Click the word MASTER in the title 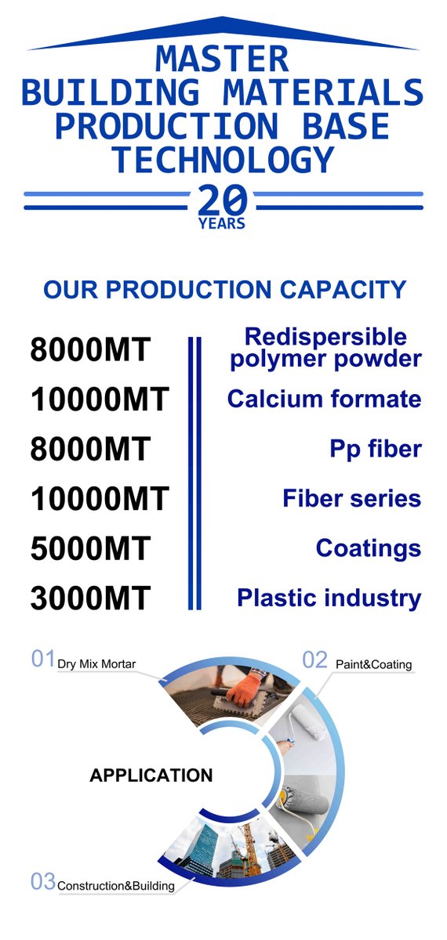[223, 60]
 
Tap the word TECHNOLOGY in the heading [223, 160]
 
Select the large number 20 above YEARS [223, 201]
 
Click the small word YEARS [223, 224]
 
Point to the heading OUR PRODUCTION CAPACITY [224, 290]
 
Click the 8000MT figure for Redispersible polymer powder [89, 349]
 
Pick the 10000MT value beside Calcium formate [100, 399]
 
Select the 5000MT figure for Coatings [89, 549]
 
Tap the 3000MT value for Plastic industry [89, 599]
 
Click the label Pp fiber [375, 449]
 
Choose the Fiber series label [351, 498]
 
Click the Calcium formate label [324, 399]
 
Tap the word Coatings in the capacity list [368, 548]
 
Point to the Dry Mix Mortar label [96, 664]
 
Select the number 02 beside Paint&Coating [314, 660]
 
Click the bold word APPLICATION [151, 775]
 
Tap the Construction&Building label [114, 886]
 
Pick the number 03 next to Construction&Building [42, 881]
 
